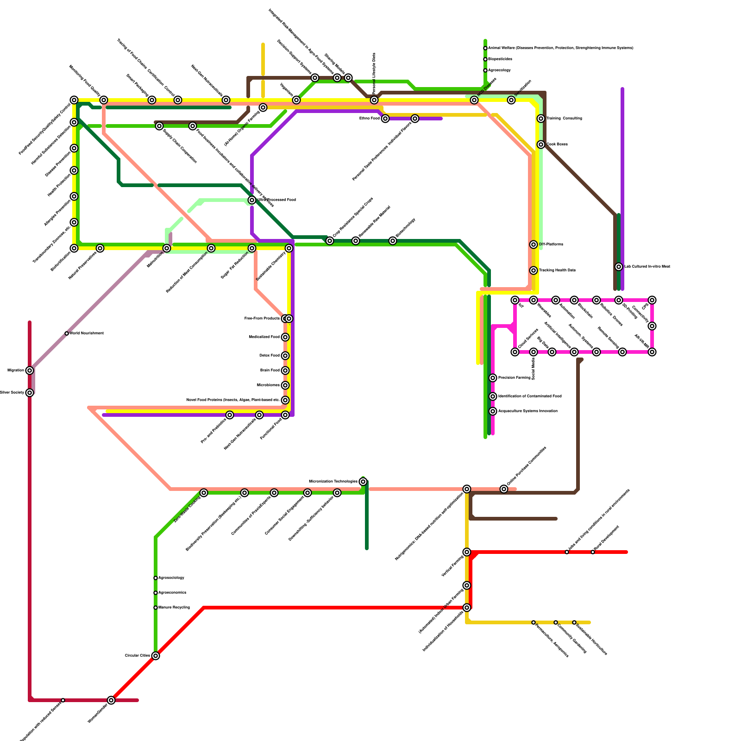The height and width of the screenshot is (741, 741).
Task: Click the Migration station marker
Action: tap(30, 370)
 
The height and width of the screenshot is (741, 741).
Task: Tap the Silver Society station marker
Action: tap(30, 393)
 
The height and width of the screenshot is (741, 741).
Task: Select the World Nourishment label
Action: tap(87, 333)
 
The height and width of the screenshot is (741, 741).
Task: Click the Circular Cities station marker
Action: tap(156, 656)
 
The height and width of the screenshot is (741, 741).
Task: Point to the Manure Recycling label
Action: tap(174, 608)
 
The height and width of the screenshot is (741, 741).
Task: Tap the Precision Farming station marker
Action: tap(493, 378)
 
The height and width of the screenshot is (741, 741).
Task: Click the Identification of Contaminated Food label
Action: tap(530, 396)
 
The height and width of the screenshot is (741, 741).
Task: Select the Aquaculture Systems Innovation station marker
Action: tap(493, 411)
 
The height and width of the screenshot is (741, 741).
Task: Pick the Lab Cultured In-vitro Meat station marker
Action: tap(619, 267)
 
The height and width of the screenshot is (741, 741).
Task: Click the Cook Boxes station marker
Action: tap(541, 144)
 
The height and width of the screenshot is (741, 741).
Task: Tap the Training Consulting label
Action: tap(564, 119)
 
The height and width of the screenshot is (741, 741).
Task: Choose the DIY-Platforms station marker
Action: tap(534, 245)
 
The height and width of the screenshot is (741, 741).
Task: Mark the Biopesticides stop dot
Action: tap(485, 59)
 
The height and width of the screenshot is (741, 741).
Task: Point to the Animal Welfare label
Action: tap(560, 48)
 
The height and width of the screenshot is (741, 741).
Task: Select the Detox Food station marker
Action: tap(285, 356)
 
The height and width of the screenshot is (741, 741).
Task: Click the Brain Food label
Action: tap(270, 370)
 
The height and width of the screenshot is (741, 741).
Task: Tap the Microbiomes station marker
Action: tap(285, 385)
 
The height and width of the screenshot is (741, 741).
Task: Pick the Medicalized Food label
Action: tap(264, 337)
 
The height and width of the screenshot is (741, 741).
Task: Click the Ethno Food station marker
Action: tap(385, 119)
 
